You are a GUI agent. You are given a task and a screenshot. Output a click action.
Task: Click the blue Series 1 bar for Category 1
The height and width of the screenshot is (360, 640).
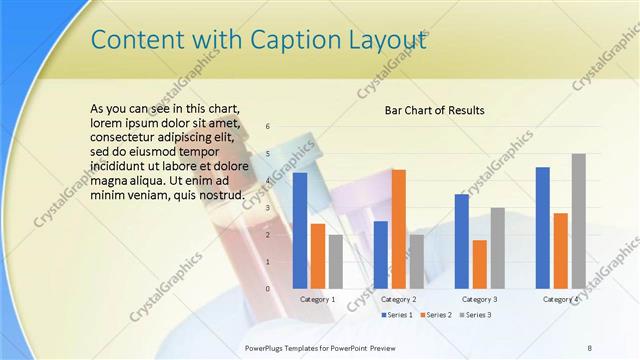[x=299, y=231]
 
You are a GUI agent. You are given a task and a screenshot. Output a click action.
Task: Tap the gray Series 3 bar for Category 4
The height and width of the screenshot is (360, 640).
[x=579, y=221]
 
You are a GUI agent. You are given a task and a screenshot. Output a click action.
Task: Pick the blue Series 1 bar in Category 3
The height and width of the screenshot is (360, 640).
[x=462, y=241]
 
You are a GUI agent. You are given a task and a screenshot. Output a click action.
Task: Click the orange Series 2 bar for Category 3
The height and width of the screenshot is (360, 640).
[x=480, y=264]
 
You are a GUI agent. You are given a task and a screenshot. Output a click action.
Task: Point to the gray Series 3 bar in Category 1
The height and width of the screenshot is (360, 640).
[x=336, y=261]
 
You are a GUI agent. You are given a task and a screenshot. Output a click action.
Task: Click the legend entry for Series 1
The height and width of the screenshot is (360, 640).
[x=398, y=315]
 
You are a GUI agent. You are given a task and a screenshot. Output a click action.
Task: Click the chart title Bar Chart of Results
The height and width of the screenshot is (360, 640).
[x=435, y=110]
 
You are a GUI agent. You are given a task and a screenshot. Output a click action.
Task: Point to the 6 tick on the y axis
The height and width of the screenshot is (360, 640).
[x=268, y=126]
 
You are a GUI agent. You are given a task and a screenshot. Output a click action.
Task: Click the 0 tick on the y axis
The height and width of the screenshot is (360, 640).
[x=268, y=289]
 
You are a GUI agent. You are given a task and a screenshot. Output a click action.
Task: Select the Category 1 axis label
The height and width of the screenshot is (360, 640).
[x=318, y=299]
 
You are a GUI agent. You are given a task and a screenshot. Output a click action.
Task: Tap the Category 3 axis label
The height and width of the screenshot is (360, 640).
[x=480, y=299]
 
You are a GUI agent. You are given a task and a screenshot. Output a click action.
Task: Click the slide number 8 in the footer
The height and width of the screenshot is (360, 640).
[x=589, y=346]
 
